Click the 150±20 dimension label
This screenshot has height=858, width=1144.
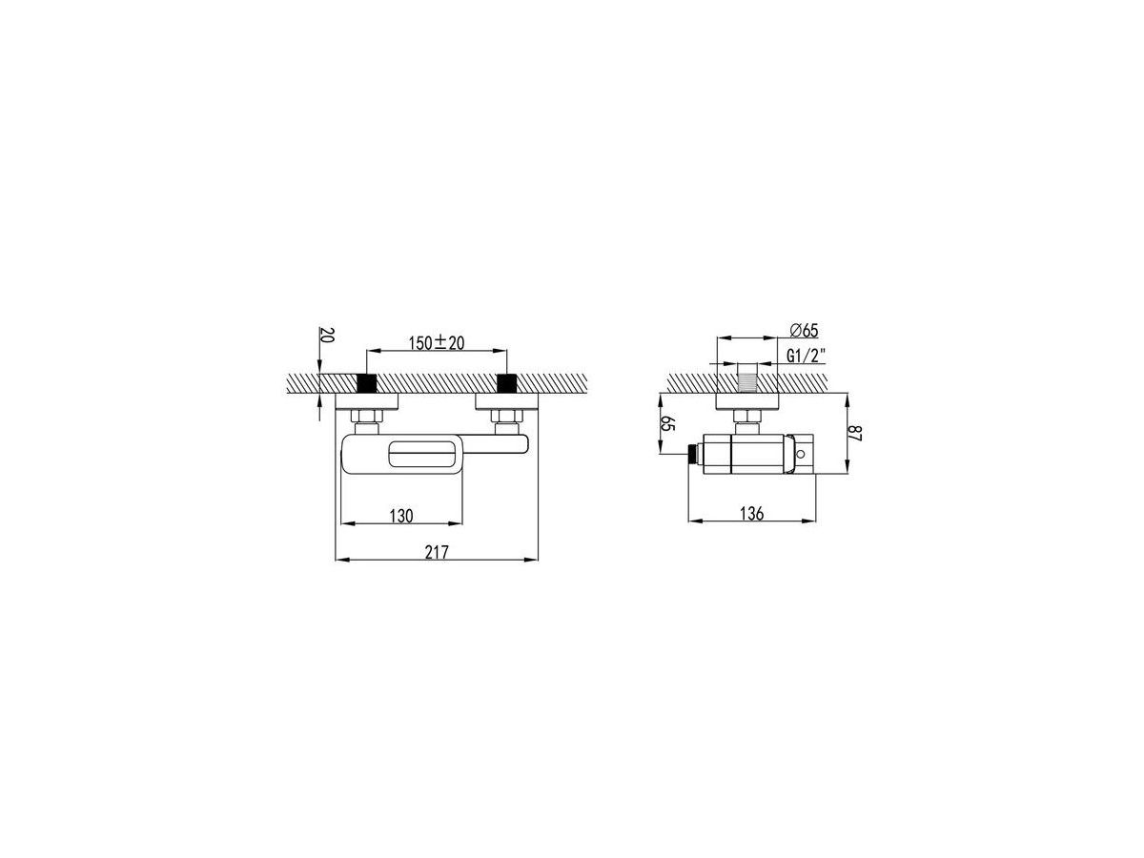(436, 343)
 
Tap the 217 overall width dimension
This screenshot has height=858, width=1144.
(437, 552)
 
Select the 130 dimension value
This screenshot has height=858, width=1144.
(400, 516)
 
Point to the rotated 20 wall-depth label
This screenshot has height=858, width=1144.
(327, 335)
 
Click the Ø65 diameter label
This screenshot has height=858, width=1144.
(804, 330)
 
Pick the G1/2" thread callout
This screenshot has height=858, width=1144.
(806, 356)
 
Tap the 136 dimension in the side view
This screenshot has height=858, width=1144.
(751, 514)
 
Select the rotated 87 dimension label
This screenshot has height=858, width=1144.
(855, 433)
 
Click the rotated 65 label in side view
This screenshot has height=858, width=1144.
(667, 423)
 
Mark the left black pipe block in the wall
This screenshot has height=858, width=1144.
(366, 383)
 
